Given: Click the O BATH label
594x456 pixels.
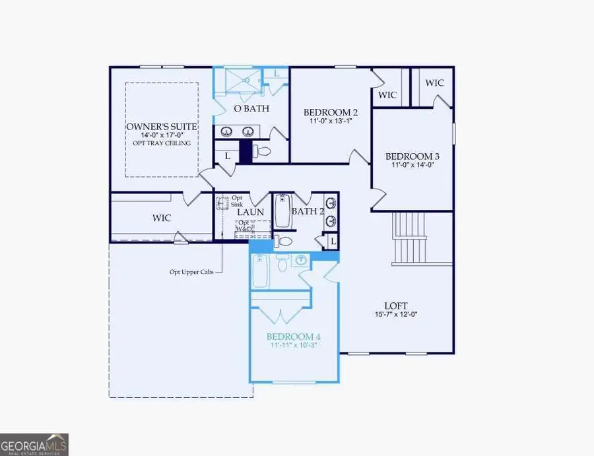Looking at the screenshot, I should click(251, 109).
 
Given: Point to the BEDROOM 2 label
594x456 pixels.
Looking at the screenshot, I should click(331, 112).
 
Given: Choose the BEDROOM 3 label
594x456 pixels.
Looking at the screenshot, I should click(412, 156).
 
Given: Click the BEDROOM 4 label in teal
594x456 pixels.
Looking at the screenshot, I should click(293, 335).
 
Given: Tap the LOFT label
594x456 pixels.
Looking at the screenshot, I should click(396, 306).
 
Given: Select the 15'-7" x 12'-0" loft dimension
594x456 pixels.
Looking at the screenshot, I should click(396, 315).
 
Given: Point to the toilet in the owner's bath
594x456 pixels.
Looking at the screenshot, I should click(263, 151).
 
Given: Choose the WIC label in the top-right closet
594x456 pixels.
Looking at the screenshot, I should click(434, 83).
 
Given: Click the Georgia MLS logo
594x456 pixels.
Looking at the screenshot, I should click(34, 443).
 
